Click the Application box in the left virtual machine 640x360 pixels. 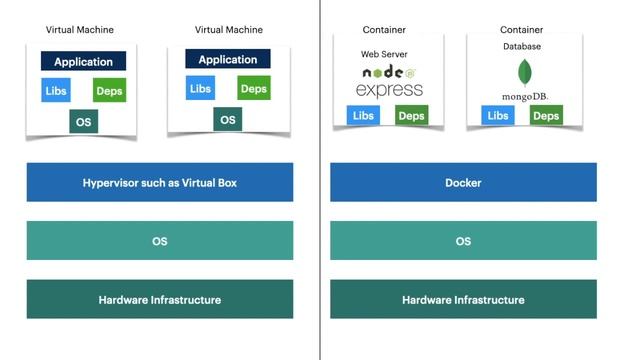[84, 62]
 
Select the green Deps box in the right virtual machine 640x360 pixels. [254, 89]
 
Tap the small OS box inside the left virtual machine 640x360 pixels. [84, 122]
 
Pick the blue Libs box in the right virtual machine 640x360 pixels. [201, 89]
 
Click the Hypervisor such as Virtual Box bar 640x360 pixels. [160, 183]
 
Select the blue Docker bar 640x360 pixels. [463, 183]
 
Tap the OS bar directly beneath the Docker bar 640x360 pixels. [463, 241]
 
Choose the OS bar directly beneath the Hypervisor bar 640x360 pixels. [160, 241]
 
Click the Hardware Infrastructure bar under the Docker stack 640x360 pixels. [463, 299]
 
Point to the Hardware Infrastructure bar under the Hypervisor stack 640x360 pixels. [160, 299]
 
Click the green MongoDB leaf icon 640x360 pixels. [524, 72]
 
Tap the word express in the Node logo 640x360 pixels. [389, 90]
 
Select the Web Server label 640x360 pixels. [384, 53]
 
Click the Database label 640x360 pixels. [522, 46]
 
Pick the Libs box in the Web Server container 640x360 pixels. [362, 116]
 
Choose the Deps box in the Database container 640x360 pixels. [546, 116]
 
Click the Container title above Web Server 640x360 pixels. [384, 30]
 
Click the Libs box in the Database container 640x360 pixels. [497, 116]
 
